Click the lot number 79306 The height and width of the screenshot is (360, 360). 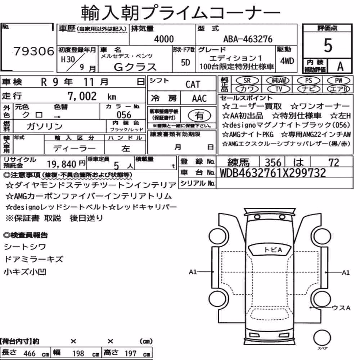(x=34, y=51)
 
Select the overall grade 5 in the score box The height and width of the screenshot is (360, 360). (x=328, y=45)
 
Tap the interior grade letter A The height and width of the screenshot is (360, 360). (x=340, y=66)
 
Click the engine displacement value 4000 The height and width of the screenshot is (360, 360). (x=164, y=39)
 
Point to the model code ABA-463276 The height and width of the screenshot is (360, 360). (x=248, y=39)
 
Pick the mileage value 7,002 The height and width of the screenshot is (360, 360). (x=82, y=96)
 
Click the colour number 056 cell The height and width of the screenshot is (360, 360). (x=124, y=115)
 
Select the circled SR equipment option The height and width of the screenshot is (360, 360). (x=247, y=81)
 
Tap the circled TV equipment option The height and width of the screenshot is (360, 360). (x=279, y=89)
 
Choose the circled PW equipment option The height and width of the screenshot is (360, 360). (x=338, y=81)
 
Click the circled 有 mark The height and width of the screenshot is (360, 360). (x=199, y=116)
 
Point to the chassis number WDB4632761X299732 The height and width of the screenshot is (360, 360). (x=273, y=173)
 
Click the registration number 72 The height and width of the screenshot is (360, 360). (x=334, y=163)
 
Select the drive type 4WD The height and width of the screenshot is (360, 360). (x=287, y=61)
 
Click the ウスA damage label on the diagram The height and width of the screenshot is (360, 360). (x=341, y=308)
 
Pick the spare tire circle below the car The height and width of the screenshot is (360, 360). (x=322, y=338)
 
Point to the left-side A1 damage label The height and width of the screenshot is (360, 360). (x=193, y=272)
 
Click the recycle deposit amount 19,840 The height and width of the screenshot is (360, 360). (x=62, y=164)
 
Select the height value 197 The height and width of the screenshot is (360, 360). (x=130, y=354)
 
